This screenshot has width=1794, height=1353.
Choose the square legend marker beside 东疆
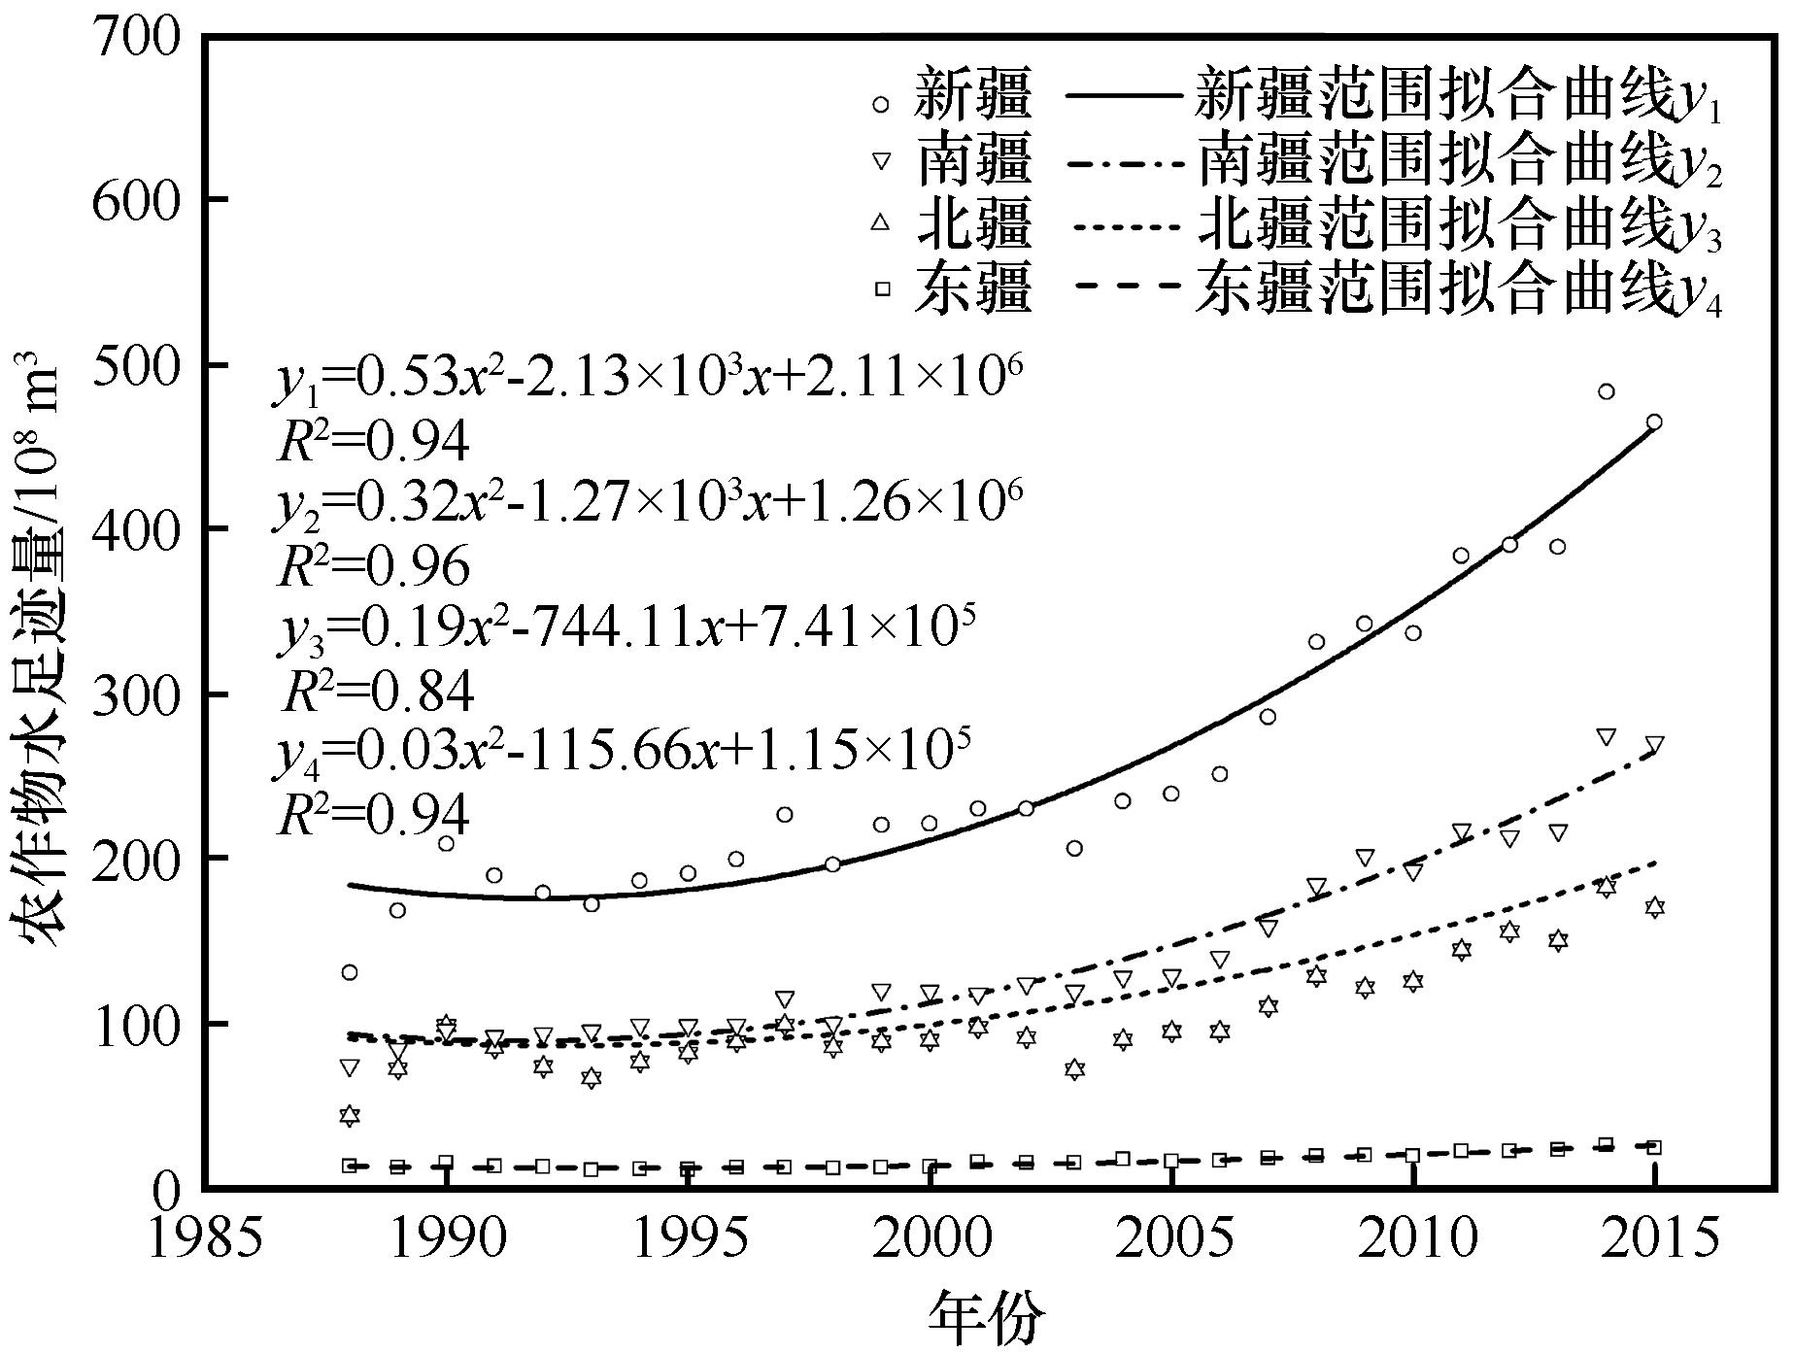pos(881,288)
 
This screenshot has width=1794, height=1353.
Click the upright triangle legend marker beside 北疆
pos(881,222)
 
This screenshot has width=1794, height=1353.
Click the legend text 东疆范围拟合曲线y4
pos(1458,288)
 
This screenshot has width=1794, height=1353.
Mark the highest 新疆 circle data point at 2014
pos(1606,391)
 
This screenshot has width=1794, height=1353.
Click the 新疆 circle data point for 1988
pos(350,972)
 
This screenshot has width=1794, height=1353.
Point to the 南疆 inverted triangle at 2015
pos(1654,745)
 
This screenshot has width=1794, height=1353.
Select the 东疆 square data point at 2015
pos(1654,1147)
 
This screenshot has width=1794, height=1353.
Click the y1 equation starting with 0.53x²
pos(646,379)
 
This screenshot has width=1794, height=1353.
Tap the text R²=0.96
pos(374,566)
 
